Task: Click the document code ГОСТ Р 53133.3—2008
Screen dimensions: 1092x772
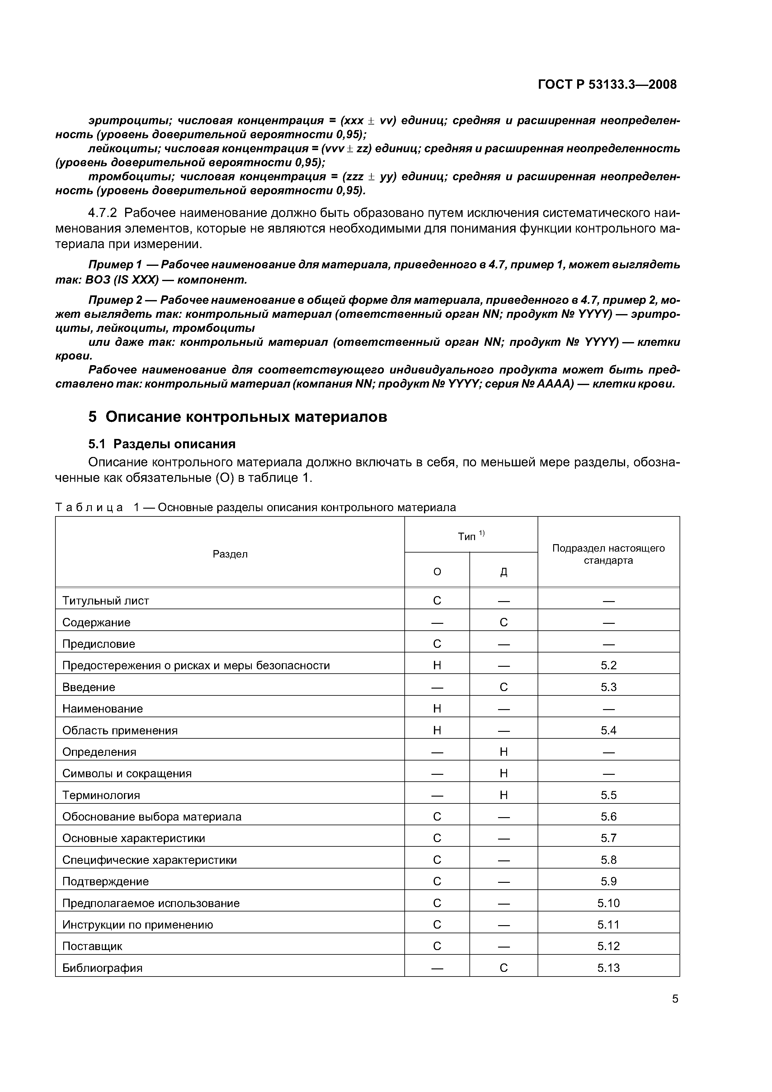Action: pos(607,85)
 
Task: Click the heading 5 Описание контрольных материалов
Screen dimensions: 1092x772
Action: pos(238,417)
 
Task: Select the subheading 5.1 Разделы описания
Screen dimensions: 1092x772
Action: pos(162,444)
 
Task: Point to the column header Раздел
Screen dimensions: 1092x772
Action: pos(230,554)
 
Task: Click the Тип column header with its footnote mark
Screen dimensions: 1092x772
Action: pos(471,536)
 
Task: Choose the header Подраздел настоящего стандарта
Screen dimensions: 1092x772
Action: pos(608,554)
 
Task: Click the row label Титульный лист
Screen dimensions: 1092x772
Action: pos(106,601)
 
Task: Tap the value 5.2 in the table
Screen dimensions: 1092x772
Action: pos(608,665)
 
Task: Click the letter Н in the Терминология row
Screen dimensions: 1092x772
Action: pos(504,795)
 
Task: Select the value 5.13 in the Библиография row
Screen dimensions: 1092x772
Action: pos(608,968)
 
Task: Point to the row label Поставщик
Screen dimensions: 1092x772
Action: pos(92,946)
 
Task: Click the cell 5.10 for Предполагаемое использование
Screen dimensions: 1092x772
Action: pos(608,903)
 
